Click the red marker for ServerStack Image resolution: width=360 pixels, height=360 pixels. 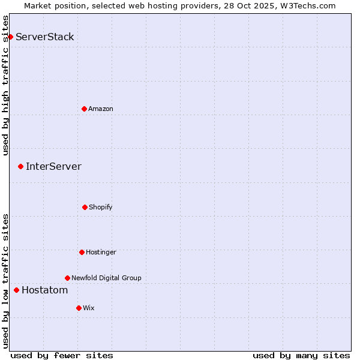pyautogui.click(x=10, y=37)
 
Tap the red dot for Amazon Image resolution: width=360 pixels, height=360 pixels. pyautogui.click(x=84, y=109)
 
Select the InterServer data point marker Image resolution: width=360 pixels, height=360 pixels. pyautogui.click(x=20, y=166)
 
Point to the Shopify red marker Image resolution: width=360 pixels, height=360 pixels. pyautogui.click(x=85, y=207)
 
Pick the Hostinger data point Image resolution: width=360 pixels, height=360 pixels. pyautogui.click(x=82, y=252)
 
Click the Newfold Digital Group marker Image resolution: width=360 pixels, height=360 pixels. pyautogui.click(x=67, y=278)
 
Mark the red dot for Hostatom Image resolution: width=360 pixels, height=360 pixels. pyautogui.click(x=16, y=290)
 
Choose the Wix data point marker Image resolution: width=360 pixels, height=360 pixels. pyautogui.click(x=79, y=308)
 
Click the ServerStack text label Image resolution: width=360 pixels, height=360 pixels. pyautogui.click(x=45, y=37)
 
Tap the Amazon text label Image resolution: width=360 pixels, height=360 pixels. pyautogui.click(x=101, y=109)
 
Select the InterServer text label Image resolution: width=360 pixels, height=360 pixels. pyautogui.click(x=53, y=167)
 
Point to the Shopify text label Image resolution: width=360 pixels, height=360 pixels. pyautogui.click(x=101, y=207)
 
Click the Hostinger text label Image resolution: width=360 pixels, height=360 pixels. pyautogui.click(x=101, y=252)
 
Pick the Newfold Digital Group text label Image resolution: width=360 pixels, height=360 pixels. pyautogui.click(x=106, y=278)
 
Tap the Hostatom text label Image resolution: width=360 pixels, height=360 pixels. pyautogui.click(x=45, y=290)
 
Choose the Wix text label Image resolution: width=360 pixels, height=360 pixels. pyautogui.click(x=89, y=308)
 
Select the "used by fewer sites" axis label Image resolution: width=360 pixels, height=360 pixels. pyautogui.click(x=62, y=355)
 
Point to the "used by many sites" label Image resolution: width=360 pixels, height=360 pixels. pyautogui.click(x=301, y=355)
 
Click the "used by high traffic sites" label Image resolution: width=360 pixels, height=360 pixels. pyautogui.click(x=6, y=85)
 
